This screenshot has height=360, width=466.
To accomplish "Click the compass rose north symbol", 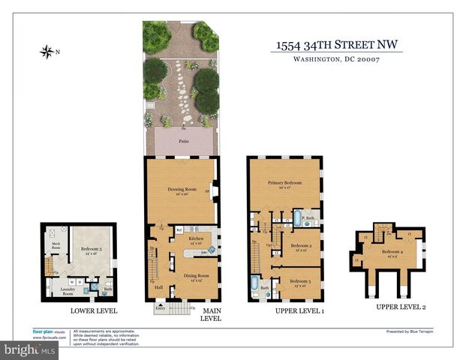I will pyautogui.click(x=47, y=52).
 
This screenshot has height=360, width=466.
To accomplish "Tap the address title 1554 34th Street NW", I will pyautogui.click(x=336, y=46).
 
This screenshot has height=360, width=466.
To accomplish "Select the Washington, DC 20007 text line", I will pyautogui.click(x=336, y=61).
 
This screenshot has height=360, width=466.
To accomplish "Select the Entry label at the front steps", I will pyautogui.click(x=160, y=307).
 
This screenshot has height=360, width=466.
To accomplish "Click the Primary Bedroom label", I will pyautogui.click(x=284, y=183).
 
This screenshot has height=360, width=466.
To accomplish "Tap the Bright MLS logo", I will pyautogui.click(x=30, y=349).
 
